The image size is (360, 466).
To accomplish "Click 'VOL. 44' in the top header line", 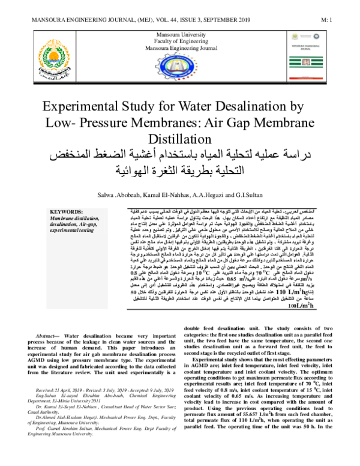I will tap(151, 20).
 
